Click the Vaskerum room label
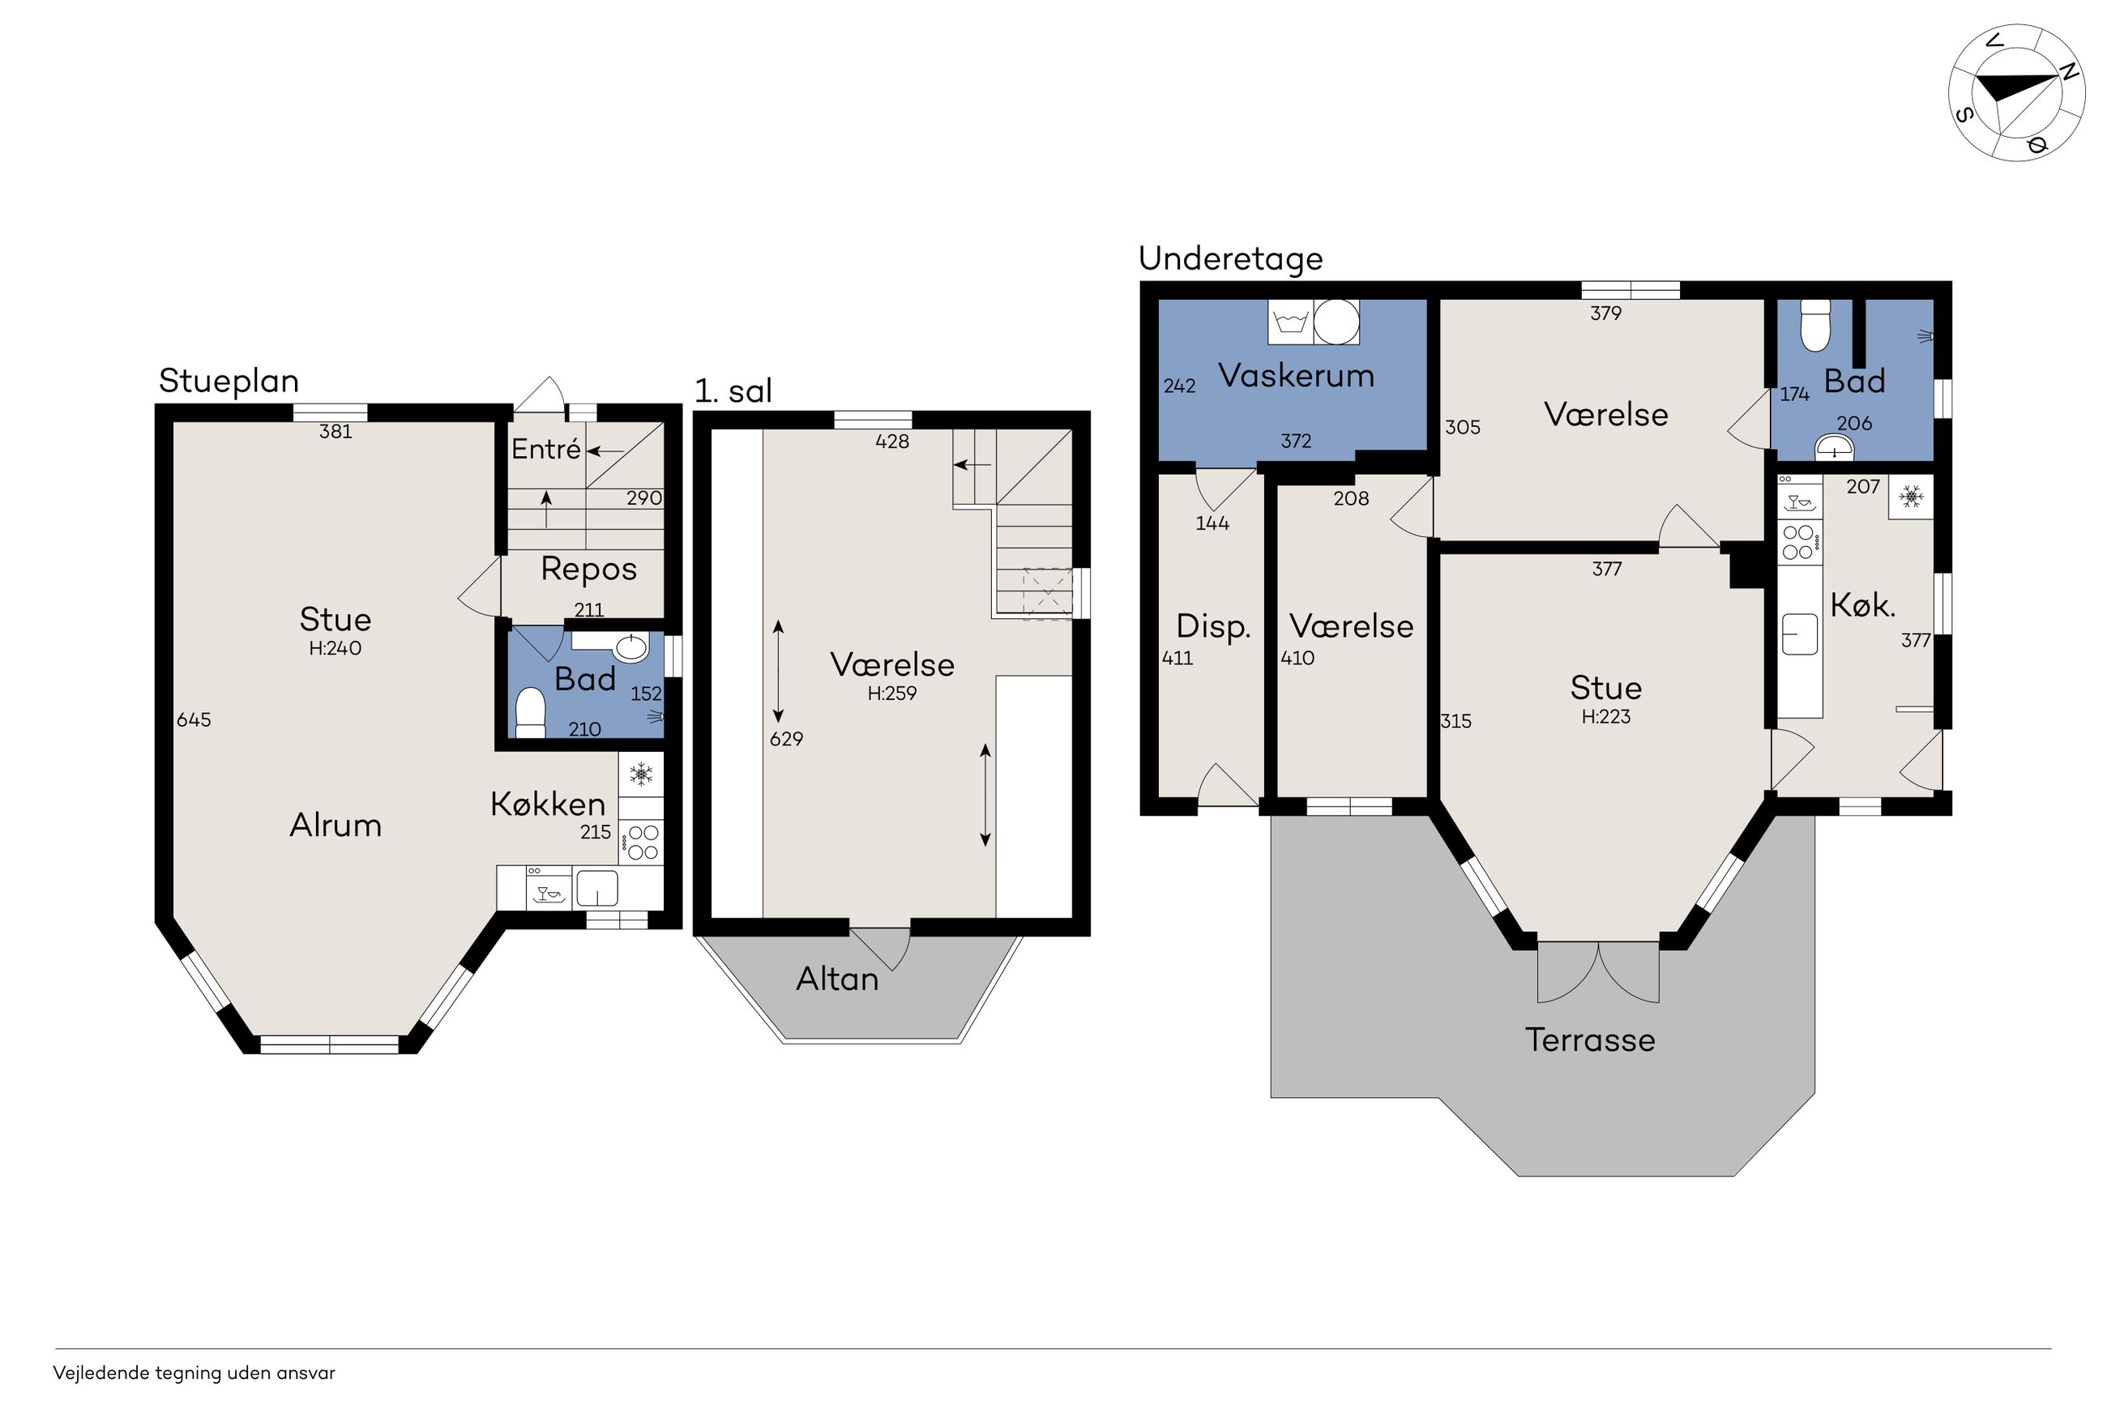coord(1296,376)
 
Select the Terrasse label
coord(1589,1039)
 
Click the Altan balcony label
coord(837,979)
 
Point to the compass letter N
coord(2067,73)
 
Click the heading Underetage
coord(1230,258)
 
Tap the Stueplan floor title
coord(229,382)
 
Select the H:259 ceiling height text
coord(892,693)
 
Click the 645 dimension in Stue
coord(194,720)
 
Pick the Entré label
coord(546,450)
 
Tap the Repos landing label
coord(588,570)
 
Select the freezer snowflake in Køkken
coord(640,774)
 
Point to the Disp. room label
coord(1212,627)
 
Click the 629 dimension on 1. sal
coord(786,739)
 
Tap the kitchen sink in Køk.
coord(1800,634)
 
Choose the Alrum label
coord(335,826)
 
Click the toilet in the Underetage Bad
coord(1815,326)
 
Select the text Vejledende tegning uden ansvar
coord(194,1372)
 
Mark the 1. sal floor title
coord(733,391)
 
